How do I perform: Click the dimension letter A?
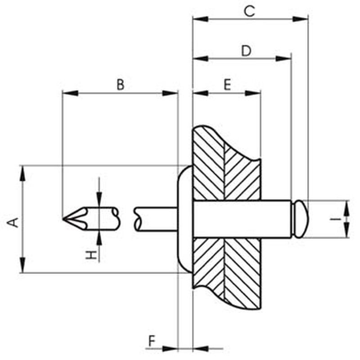pos(13,222)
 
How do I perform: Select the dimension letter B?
pos(121,85)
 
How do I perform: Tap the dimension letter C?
pos(250,11)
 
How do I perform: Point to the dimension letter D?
pos(246,51)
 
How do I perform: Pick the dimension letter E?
pos(227,85)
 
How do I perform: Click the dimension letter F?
pos(152,341)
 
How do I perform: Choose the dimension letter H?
pos(91,255)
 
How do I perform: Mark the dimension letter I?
pos(336,219)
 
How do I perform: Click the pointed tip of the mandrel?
pos(63,219)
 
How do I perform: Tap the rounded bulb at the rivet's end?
pos(300,219)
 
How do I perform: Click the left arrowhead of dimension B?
pos(70,93)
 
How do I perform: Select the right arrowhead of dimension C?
pos(300,19)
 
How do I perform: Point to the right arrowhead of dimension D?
pos(283,58)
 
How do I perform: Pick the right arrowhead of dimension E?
pos(253,93)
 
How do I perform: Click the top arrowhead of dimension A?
pos(22,174)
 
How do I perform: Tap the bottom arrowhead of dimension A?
pos(22,265)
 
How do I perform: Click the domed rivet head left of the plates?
pos(185,219)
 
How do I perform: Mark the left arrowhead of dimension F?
pos(170,349)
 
